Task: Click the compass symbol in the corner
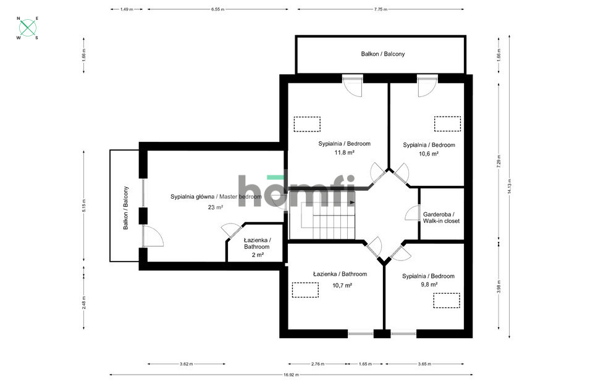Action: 28,28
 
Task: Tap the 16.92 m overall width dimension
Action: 291,375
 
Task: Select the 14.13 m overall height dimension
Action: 510,186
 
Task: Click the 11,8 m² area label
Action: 344,152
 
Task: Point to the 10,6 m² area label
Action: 429,154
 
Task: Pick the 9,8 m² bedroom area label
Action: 429,284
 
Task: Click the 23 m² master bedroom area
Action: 215,207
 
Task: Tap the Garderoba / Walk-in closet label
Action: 441,218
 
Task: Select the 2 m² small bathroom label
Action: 258,255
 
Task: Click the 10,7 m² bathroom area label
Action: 342,285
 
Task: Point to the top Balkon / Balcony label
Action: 383,54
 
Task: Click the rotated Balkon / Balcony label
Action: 126,208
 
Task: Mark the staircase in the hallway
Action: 322,221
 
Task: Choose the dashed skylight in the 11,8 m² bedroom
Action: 307,124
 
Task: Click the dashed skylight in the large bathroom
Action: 305,290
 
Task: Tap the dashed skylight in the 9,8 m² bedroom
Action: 447,301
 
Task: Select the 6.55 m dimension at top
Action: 218,9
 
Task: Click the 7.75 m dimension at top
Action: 381,9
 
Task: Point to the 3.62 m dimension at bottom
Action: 187,364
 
